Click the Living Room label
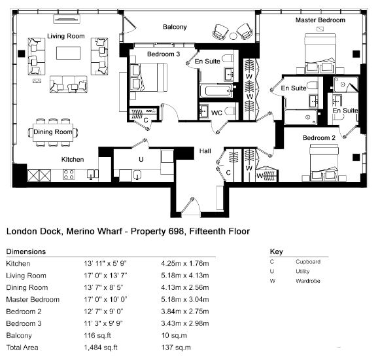66,36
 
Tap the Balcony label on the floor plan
175,27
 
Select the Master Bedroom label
320,20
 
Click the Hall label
205,151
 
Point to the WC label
216,113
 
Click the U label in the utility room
141,159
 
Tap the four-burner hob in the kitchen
69,174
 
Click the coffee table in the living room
68,53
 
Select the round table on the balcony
233,36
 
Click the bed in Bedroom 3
148,78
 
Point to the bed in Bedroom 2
324,162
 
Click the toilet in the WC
230,111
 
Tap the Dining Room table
53,132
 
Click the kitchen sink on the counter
91,174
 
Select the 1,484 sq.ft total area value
101,348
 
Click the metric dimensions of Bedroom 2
185,312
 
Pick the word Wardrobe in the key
308,281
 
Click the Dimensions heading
26,251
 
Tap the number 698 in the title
176,231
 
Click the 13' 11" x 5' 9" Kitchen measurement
105,263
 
